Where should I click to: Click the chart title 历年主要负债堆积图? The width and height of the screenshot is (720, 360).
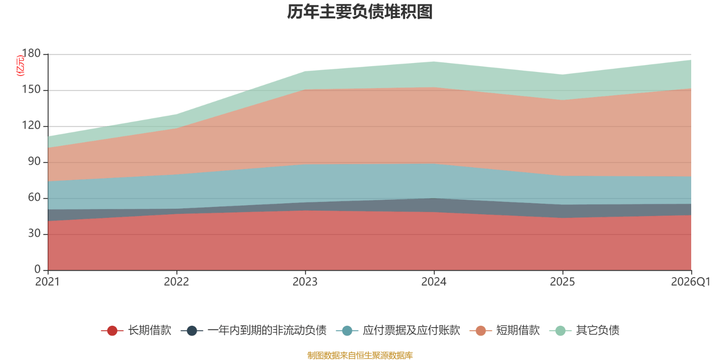coord(360,12)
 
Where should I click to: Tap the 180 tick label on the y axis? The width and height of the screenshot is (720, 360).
coord(31,54)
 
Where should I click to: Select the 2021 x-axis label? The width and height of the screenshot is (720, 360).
coord(48,282)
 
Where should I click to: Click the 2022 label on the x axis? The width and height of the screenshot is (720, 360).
coord(176,282)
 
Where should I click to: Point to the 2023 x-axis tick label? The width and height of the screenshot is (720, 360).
coord(305,282)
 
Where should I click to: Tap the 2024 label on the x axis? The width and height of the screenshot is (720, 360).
coord(434,282)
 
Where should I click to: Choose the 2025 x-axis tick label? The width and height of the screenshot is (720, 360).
coord(562,282)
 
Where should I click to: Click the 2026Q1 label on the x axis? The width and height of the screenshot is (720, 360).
coord(690,282)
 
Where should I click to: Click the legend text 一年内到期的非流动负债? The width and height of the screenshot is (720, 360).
coord(266,330)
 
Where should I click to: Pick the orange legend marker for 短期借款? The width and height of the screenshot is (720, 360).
coord(481,331)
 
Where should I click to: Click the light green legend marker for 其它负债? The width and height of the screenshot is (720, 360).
coord(560,331)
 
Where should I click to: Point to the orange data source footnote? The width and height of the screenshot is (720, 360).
coord(360,355)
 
